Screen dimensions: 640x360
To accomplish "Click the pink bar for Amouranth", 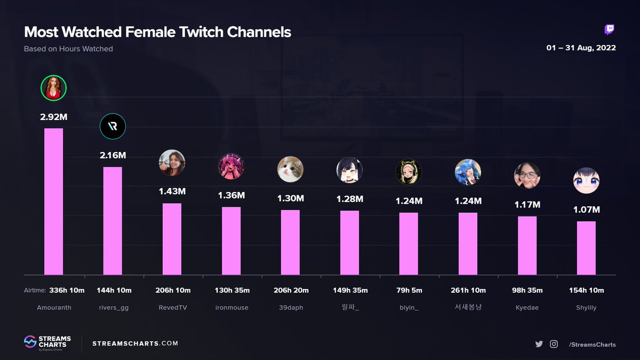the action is click(53, 202).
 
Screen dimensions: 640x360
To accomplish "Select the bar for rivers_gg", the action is click(113, 221).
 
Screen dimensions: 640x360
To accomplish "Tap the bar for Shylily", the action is click(586, 248).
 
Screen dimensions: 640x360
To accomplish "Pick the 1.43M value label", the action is click(172, 191).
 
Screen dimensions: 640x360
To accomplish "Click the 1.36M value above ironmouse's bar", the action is click(231, 195).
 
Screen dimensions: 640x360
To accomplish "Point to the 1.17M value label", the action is click(527, 205).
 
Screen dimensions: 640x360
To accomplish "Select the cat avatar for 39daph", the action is click(290, 169).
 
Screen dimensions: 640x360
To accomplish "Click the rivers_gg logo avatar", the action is click(113, 126).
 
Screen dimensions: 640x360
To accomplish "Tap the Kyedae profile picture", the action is click(527, 175).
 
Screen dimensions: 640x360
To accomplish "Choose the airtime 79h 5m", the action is click(409, 290).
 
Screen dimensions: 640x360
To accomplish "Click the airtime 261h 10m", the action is click(468, 290).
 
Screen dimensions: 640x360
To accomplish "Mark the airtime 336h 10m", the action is click(67, 290).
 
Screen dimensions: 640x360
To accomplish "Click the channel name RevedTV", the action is click(173, 307).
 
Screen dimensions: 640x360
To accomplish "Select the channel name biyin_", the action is click(409, 308).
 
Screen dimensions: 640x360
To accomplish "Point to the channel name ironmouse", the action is click(231, 307).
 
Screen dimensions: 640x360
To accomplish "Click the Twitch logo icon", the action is click(610, 30).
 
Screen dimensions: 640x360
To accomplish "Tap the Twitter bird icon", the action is click(539, 344).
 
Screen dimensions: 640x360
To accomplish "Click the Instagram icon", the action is click(554, 344).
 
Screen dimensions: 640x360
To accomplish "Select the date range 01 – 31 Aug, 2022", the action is click(581, 47).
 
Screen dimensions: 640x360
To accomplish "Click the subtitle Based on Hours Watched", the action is click(68, 49).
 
